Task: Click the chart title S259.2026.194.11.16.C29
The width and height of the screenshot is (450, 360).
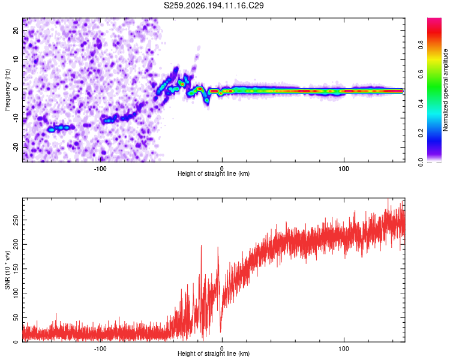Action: pyautogui.click(x=214, y=5)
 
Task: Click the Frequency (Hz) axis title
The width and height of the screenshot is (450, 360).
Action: pyautogui.click(x=7, y=90)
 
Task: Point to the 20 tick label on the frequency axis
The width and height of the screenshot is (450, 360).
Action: pyautogui.click(x=16, y=30)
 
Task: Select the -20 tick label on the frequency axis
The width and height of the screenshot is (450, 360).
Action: pyautogui.click(x=16, y=148)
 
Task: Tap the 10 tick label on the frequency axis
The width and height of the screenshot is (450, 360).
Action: pyautogui.click(x=16, y=59)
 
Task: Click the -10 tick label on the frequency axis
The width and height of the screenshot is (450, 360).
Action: pyautogui.click(x=16, y=118)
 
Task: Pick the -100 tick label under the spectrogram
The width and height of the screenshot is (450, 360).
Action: pyautogui.click(x=100, y=169)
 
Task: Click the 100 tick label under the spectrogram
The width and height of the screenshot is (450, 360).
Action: pyautogui.click(x=344, y=169)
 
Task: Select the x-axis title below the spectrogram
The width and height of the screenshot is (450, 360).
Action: pyautogui.click(x=214, y=173)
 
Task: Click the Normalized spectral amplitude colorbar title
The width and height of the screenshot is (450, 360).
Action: pyautogui.click(x=445, y=90)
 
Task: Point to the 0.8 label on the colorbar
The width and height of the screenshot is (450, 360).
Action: pyautogui.click(x=421, y=45)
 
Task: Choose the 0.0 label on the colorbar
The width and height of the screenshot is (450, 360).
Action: pyautogui.click(x=421, y=163)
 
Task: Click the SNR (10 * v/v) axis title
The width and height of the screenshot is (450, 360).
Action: pyautogui.click(x=7, y=270)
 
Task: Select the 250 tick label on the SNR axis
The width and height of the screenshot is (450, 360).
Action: pyautogui.click(x=16, y=220)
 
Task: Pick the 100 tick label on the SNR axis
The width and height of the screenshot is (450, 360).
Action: pyautogui.click(x=16, y=293)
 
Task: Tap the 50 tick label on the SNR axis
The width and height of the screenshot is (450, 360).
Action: pyautogui.click(x=16, y=317)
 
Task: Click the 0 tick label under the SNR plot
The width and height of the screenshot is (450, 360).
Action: pyautogui.click(x=222, y=349)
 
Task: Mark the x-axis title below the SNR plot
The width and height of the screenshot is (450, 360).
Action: pyautogui.click(x=214, y=353)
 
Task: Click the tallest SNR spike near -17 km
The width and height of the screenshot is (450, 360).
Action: pyautogui.click(x=201, y=246)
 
